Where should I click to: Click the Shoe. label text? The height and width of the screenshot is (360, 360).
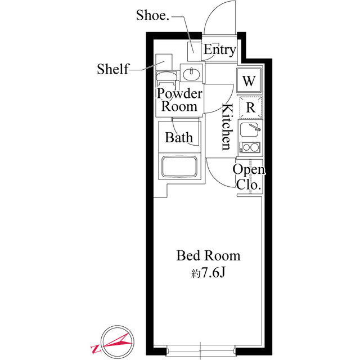click(x=152, y=15)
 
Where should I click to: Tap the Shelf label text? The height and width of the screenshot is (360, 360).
click(x=113, y=69)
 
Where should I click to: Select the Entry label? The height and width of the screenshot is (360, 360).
click(x=220, y=50)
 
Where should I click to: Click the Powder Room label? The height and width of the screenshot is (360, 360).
click(x=179, y=100)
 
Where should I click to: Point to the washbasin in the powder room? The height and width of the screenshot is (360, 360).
click(x=191, y=73)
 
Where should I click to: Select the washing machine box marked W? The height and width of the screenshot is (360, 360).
click(x=249, y=80)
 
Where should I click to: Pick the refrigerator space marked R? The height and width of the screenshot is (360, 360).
click(x=250, y=107)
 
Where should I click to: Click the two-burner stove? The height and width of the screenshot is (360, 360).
click(x=250, y=147)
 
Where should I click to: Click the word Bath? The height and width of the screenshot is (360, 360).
click(x=179, y=137)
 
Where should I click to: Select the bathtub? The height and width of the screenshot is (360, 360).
click(x=179, y=166)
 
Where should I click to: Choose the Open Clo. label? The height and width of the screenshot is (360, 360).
click(x=249, y=177)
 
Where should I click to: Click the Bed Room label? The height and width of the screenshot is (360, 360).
click(x=208, y=255)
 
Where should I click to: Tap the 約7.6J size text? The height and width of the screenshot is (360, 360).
click(x=208, y=273)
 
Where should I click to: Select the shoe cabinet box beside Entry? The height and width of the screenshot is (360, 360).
click(x=194, y=51)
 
